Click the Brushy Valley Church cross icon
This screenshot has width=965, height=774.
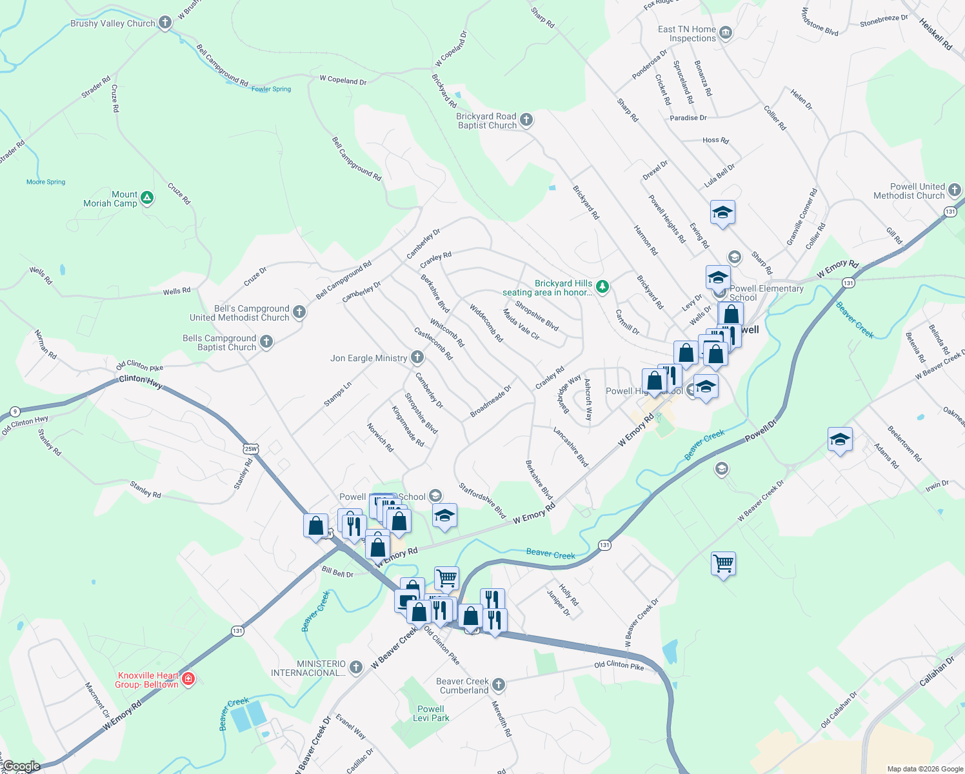tap(165, 23)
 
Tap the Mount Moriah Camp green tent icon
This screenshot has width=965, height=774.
tap(147, 198)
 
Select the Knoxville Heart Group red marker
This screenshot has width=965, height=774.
tap(188, 679)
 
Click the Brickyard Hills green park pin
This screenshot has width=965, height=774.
tap(602, 286)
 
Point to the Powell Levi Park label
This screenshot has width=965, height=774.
tap(431, 713)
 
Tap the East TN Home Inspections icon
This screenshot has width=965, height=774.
tap(726, 33)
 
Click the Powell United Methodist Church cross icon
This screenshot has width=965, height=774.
tap(955, 190)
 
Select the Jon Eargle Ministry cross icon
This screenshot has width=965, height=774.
tap(417, 357)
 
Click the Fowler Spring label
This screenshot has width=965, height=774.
tap(271, 89)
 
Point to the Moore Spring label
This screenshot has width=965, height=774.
tap(46, 182)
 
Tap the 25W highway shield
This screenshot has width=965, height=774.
tap(251, 449)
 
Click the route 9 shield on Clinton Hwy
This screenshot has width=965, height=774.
tap(15, 412)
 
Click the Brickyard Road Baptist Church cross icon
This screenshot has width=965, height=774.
tap(526, 119)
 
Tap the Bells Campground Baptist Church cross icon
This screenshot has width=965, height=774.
tap(266, 341)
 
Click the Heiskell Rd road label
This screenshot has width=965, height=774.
tap(935, 34)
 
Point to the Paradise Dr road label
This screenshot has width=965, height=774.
tap(688, 118)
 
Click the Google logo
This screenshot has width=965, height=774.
tap(21, 766)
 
